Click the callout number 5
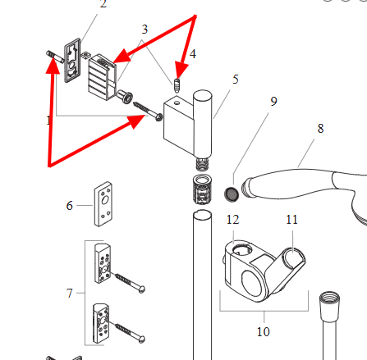click(x=236, y=80)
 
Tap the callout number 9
click(x=273, y=102)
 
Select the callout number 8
click(x=320, y=129)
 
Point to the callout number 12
click(x=232, y=220)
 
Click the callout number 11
click(x=291, y=220)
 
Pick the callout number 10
click(x=264, y=331)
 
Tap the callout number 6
click(x=70, y=206)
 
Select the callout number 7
click(x=70, y=294)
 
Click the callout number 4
click(x=193, y=54)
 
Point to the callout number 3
click(x=145, y=30)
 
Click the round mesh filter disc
click(x=232, y=194)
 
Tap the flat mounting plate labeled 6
click(x=103, y=204)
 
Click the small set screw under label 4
click(x=177, y=85)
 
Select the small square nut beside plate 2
click(x=86, y=55)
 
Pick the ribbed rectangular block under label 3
click(x=102, y=77)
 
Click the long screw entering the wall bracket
click(x=148, y=112)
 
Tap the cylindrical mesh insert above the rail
click(x=202, y=189)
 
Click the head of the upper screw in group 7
click(x=142, y=289)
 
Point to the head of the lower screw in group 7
click(x=142, y=339)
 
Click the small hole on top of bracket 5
click(x=177, y=103)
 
